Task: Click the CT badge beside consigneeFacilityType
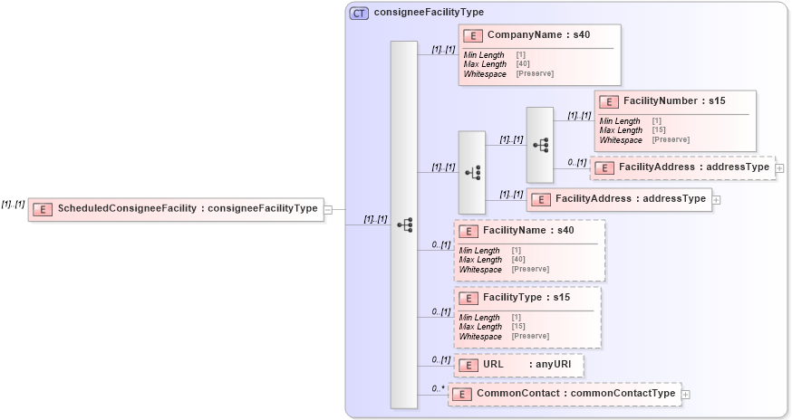click(359, 13)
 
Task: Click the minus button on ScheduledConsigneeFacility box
click(328, 209)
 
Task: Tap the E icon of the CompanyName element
click(472, 35)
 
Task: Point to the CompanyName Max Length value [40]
click(523, 64)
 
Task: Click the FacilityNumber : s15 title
click(674, 100)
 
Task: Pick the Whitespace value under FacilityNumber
click(671, 139)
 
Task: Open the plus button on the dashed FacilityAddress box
click(779, 168)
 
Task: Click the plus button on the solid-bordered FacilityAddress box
click(716, 199)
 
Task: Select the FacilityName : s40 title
click(528, 231)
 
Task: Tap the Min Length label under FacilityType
click(479, 318)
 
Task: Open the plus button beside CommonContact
click(685, 395)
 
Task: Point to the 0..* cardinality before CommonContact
click(439, 388)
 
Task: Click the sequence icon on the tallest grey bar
click(404, 224)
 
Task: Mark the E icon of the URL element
click(468, 366)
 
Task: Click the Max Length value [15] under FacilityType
click(518, 327)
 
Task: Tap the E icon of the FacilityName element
click(468, 231)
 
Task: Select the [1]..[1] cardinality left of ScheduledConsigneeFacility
click(13, 205)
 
